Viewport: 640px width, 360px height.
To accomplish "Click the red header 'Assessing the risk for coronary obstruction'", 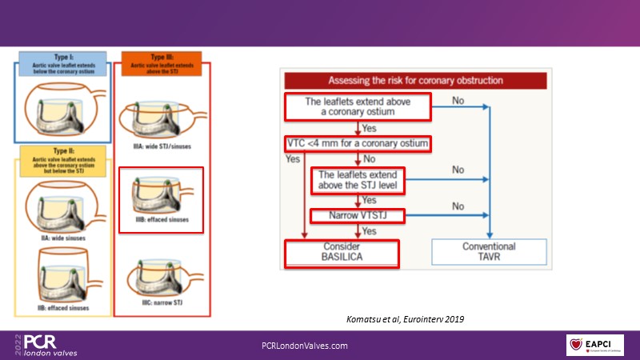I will coord(415,80).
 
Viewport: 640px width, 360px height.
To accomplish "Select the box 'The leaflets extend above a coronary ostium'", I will coord(358,106).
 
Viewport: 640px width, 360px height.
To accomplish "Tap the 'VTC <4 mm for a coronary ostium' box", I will coord(358,144).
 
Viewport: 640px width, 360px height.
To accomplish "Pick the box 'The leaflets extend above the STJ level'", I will coord(358,180).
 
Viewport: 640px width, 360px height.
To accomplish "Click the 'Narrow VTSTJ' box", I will coord(358,216).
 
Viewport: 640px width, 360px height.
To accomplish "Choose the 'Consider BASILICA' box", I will coord(342,253).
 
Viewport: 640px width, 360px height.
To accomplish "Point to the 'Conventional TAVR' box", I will coord(488,253).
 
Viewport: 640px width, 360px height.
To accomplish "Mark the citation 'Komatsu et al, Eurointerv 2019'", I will coord(401,319).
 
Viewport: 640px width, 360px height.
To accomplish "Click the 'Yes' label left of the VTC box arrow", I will coord(292,158).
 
